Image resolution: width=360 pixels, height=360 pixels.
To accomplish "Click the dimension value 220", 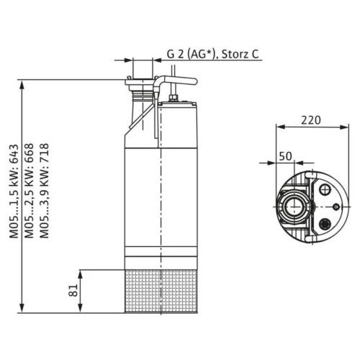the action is (311, 120).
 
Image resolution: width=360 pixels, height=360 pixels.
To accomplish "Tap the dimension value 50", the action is (286, 156).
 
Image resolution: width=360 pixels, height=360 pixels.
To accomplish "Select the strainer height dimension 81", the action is (73, 290).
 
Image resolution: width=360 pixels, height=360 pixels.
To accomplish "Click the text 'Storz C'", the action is (240, 54).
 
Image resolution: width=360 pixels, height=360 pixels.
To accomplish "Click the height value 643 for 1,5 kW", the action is (14, 154).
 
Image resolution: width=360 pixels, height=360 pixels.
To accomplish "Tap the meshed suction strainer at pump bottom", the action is (161, 291).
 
